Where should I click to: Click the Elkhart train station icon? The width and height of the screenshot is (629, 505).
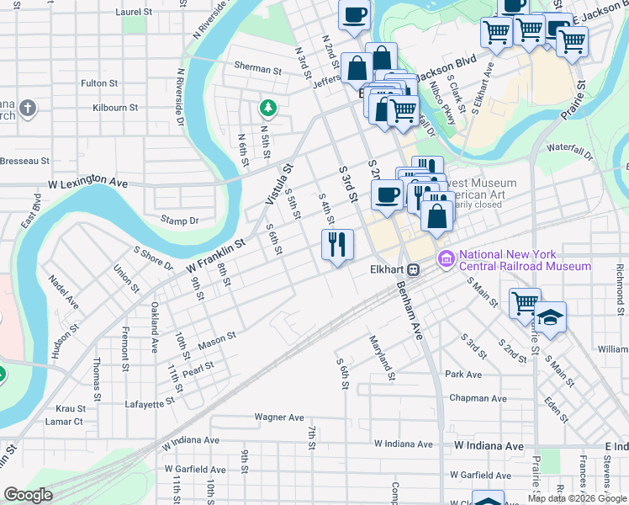tap(413, 270)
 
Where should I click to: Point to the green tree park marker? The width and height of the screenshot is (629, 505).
tap(267, 108)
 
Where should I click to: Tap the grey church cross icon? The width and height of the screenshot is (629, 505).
tap(28, 108)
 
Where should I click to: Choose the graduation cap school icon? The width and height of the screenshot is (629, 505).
tap(551, 318)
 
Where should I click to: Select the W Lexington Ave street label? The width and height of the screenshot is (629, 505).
tap(88, 182)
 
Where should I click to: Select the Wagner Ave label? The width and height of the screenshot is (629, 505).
tap(279, 417)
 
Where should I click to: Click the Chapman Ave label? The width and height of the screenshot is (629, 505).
tap(478, 398)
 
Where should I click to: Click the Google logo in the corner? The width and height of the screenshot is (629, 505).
tap(29, 495)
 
